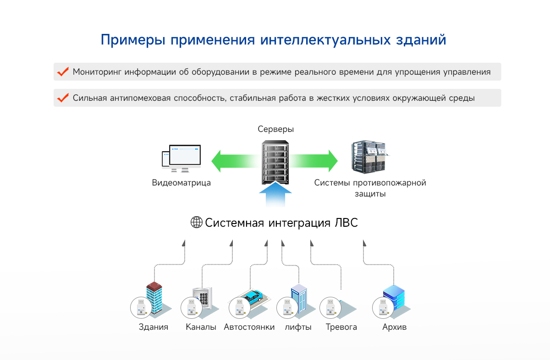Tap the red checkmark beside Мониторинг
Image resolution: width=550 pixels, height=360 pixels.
tap(62, 72)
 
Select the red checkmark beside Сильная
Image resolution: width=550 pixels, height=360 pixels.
tap(62, 98)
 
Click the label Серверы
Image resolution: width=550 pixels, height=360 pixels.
tap(275, 129)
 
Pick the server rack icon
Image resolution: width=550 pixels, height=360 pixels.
tap(275, 162)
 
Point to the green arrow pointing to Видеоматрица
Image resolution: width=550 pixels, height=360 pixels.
tap(231, 161)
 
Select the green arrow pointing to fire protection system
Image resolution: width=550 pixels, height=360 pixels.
tap(316, 161)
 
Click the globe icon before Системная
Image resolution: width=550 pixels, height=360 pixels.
tap(197, 223)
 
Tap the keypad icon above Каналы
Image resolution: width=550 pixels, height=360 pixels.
tap(203, 299)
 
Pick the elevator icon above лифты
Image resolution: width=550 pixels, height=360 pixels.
tap(299, 299)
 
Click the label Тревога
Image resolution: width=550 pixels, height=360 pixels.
tap(341, 327)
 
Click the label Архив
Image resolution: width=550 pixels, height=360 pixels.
tap(394, 327)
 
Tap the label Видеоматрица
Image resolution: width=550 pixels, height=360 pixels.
tap(181, 183)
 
